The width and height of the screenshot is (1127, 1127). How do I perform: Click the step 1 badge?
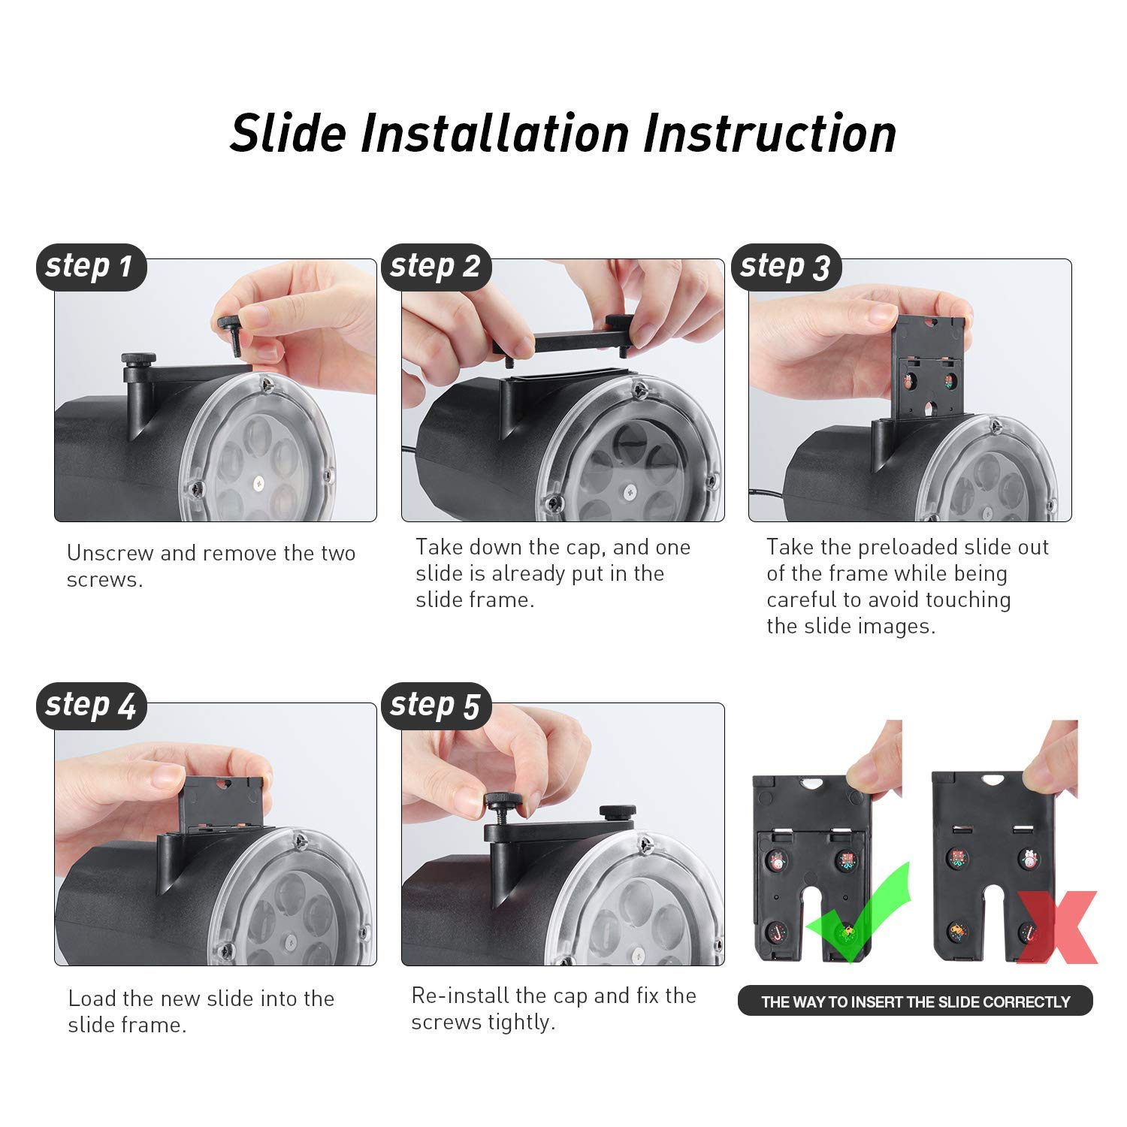click(90, 267)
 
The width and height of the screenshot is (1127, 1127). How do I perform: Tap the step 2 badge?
click(436, 267)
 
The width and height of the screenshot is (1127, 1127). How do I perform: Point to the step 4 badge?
click(90, 706)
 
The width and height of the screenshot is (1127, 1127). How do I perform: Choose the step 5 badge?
click(436, 706)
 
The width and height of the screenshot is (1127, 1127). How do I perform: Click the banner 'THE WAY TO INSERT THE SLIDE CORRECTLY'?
click(915, 1002)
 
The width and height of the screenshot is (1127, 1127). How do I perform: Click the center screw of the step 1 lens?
click(260, 480)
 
